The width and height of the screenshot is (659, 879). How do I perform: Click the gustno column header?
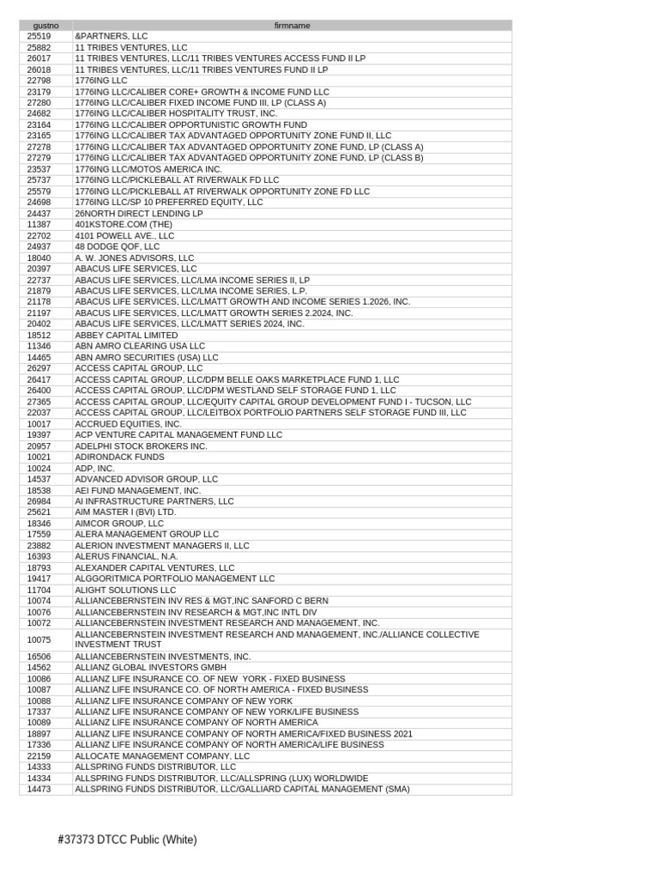click(x=45, y=26)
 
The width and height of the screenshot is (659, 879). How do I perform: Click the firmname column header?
click(x=292, y=26)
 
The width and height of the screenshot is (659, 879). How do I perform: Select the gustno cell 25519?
click(x=39, y=36)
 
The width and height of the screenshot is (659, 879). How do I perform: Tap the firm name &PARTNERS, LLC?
click(x=112, y=36)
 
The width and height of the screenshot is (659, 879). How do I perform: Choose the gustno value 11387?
click(x=39, y=224)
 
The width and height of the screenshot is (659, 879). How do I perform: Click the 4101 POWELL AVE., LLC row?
click(x=124, y=235)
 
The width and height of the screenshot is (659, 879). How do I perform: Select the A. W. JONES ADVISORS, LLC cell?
click(x=135, y=258)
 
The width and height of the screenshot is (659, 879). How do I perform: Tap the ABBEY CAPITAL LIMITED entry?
click(x=126, y=335)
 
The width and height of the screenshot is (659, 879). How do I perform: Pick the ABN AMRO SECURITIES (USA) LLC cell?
click(x=147, y=357)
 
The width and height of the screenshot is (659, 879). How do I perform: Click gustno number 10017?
click(x=39, y=424)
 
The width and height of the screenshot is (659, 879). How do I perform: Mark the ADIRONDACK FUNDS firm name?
click(x=119, y=457)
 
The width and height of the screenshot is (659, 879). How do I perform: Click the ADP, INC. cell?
click(x=94, y=469)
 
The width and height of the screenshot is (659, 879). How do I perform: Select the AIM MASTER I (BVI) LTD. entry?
click(x=125, y=512)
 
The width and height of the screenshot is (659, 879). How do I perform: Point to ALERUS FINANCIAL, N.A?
click(x=126, y=556)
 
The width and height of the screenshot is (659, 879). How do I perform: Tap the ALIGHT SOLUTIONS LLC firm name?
click(x=125, y=590)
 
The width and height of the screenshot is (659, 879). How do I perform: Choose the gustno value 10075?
click(x=39, y=640)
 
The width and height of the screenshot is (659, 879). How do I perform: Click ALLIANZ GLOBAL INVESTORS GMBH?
click(x=151, y=667)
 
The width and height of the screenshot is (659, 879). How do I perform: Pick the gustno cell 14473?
click(x=39, y=789)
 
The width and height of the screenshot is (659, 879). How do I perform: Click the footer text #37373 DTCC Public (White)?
click(x=127, y=840)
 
